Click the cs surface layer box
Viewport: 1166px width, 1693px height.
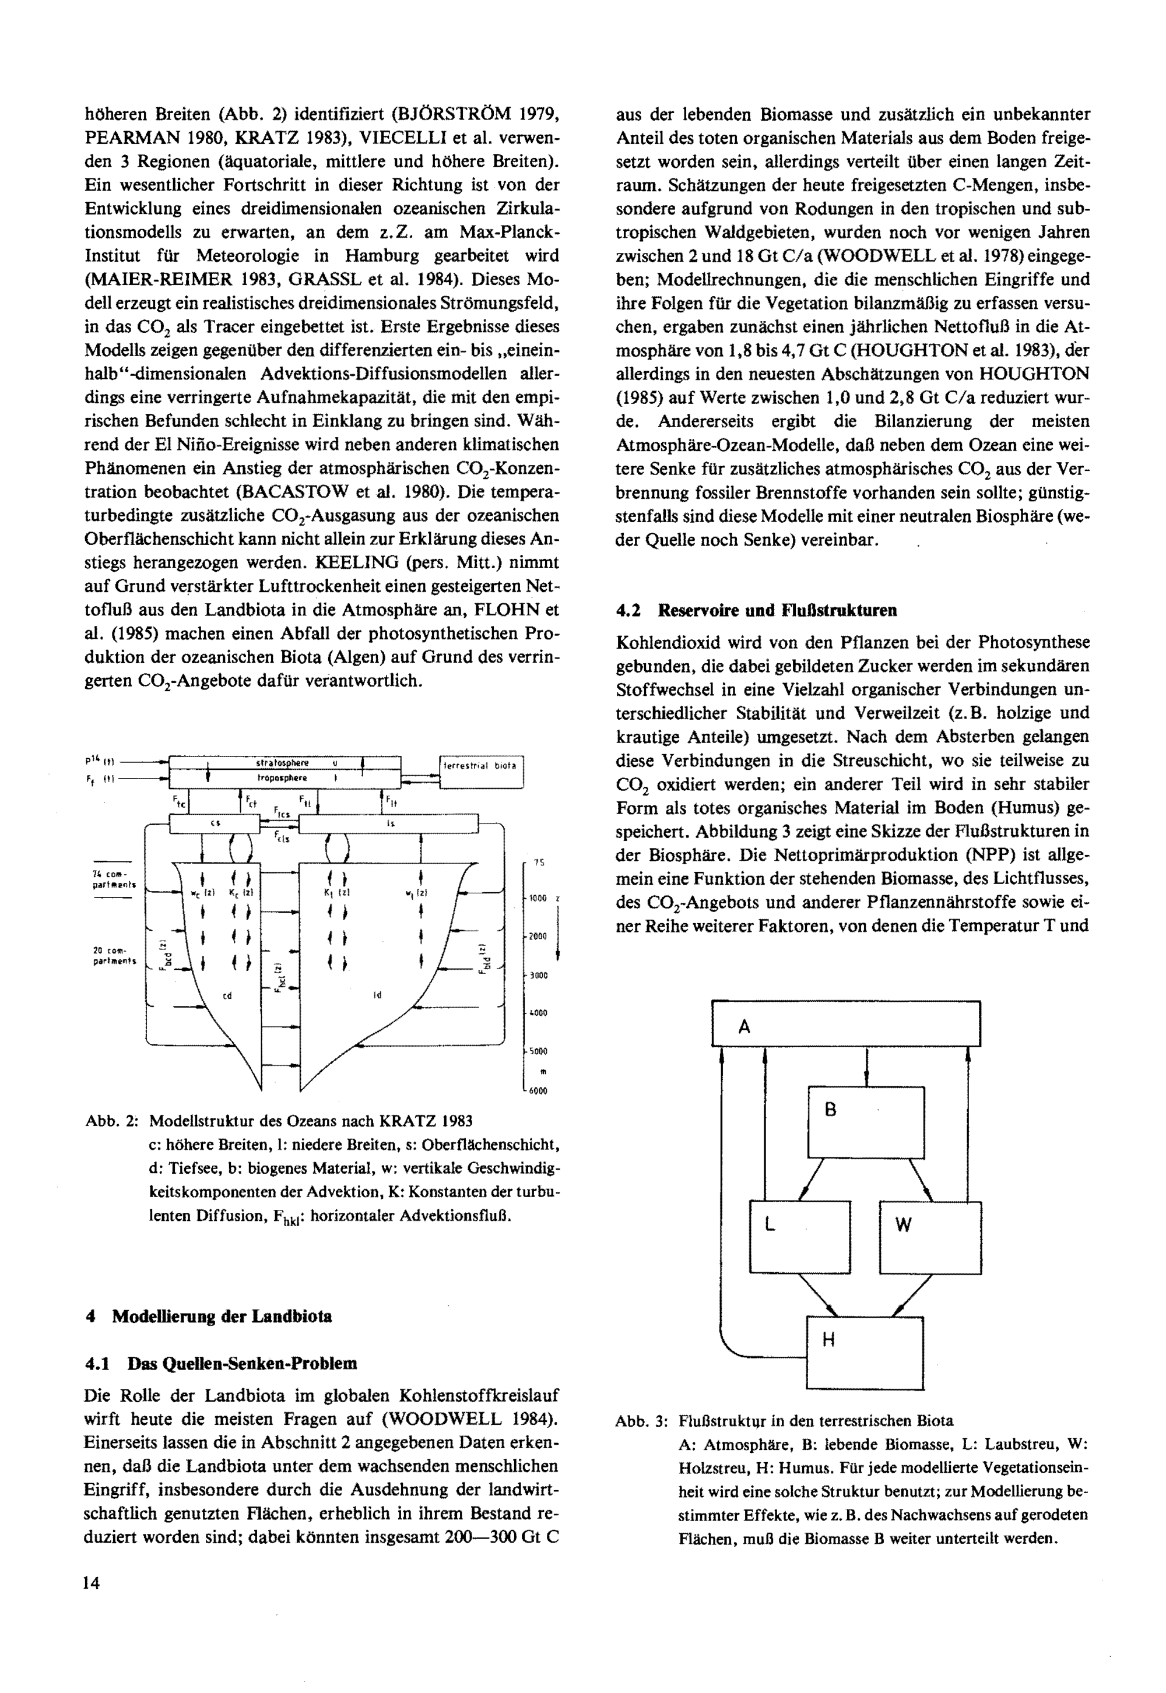point(215,824)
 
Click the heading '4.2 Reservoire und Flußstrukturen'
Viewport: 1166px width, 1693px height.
point(756,610)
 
